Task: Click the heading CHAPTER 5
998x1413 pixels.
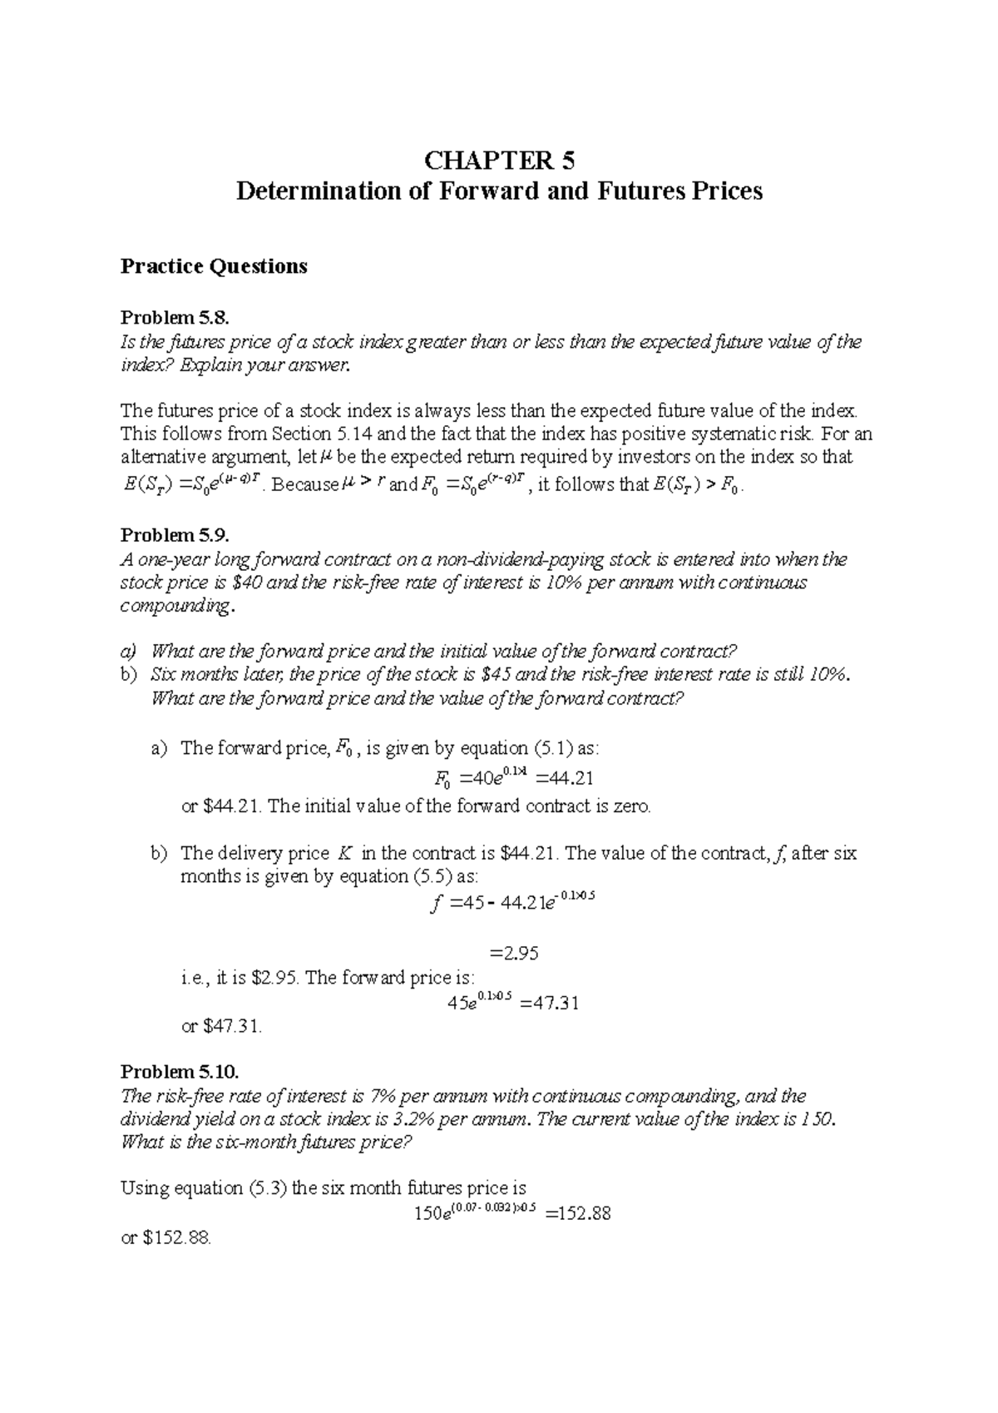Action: (500, 160)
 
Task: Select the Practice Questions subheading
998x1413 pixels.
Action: (214, 266)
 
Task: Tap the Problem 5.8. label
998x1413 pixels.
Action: (173, 317)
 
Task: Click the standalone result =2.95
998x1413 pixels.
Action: (516, 954)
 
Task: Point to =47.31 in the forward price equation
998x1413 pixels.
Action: (549, 1003)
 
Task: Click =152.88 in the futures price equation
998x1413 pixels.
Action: (578, 1213)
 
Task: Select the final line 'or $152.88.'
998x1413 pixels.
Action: (166, 1238)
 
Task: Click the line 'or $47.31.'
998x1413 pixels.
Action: (221, 1027)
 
